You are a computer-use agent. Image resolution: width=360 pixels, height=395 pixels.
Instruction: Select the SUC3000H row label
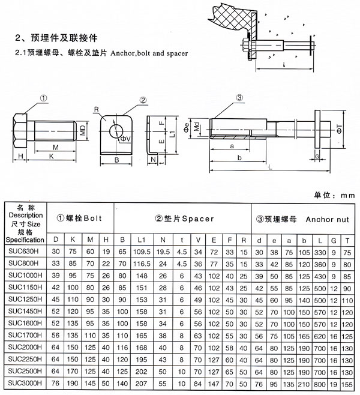25,383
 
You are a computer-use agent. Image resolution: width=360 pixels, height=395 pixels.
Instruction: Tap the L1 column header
142,240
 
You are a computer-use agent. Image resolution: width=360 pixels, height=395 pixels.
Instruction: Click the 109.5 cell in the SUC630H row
142,252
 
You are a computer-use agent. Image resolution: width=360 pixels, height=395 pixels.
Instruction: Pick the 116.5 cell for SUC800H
142,264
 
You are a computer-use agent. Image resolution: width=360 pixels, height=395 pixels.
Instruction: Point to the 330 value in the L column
320,252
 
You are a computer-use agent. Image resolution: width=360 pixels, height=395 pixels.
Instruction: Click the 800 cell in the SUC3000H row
320,384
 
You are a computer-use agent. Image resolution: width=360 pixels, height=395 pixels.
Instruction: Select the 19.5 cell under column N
163,252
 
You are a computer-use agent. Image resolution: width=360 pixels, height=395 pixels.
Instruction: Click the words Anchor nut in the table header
327,220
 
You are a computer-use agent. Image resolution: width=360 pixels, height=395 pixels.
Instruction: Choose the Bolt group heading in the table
79,218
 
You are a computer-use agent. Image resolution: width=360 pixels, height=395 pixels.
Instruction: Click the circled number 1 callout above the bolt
44,98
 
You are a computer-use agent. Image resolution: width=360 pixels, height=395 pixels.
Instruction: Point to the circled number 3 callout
239,97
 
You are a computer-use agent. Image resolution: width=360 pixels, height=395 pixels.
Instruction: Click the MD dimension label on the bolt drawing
83,130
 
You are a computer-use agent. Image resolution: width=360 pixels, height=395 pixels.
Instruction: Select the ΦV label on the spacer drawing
125,139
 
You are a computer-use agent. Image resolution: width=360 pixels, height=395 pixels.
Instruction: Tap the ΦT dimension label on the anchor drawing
339,129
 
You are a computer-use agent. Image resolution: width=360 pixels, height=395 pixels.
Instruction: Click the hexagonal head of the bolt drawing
20,130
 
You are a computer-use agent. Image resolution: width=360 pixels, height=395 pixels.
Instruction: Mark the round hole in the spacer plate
116,131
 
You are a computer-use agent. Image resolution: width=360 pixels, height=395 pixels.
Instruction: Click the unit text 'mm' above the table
347,195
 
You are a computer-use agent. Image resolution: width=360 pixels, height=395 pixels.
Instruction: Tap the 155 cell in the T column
347,384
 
